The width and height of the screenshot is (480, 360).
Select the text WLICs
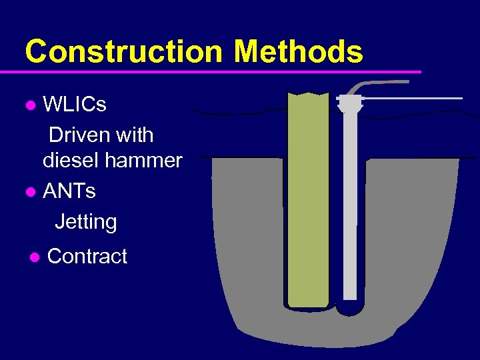pos(75,105)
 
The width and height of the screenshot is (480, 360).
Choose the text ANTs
pos(69,191)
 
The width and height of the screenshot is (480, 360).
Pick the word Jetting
pos(86,222)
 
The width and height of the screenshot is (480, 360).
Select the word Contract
pos(87,257)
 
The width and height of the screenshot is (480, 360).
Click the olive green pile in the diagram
pos(308,200)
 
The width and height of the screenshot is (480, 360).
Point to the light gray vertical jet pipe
pos(350,213)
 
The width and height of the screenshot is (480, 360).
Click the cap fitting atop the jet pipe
pos(349,103)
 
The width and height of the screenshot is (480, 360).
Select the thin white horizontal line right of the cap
pos(413,99)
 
